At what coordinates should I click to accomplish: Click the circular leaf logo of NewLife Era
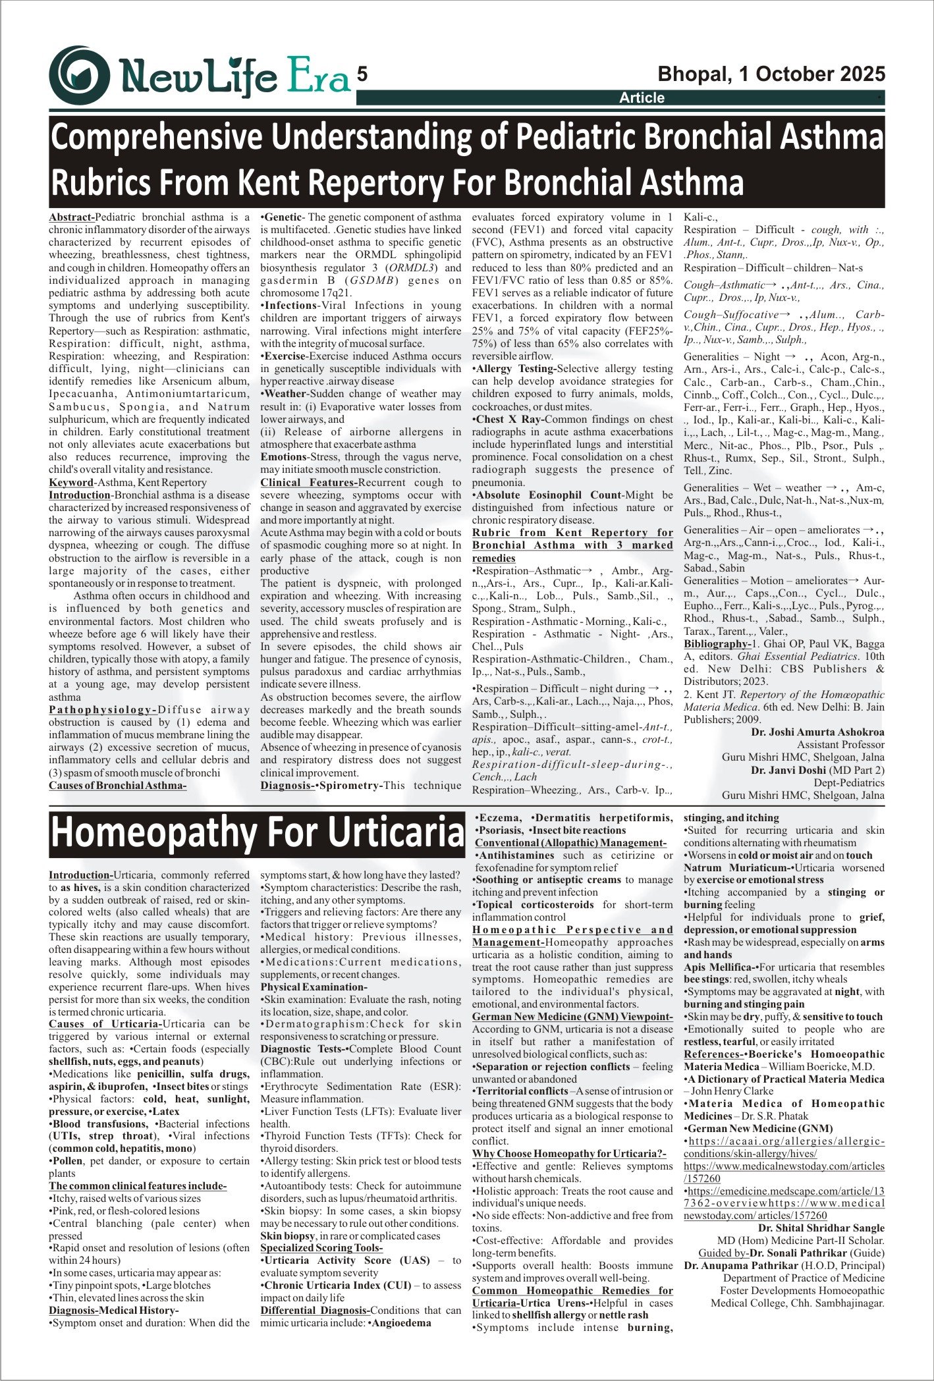point(79,76)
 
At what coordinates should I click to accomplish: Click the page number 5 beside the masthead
point(362,74)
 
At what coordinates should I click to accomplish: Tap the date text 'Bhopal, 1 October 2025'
point(771,74)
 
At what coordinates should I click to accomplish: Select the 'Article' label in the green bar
point(642,98)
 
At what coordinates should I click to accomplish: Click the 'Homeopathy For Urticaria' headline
point(258,832)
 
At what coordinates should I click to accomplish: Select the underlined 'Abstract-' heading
point(72,217)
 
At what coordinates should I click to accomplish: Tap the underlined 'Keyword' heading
point(71,483)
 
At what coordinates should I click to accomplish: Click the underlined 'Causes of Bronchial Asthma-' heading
point(118,786)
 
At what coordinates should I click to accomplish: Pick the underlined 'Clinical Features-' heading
point(309,483)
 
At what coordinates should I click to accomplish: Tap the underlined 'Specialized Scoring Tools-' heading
point(321,1248)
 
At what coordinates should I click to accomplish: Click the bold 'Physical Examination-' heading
point(314,987)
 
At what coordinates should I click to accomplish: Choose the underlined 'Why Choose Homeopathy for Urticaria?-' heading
point(569,1154)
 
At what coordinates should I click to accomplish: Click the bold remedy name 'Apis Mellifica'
point(718,967)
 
